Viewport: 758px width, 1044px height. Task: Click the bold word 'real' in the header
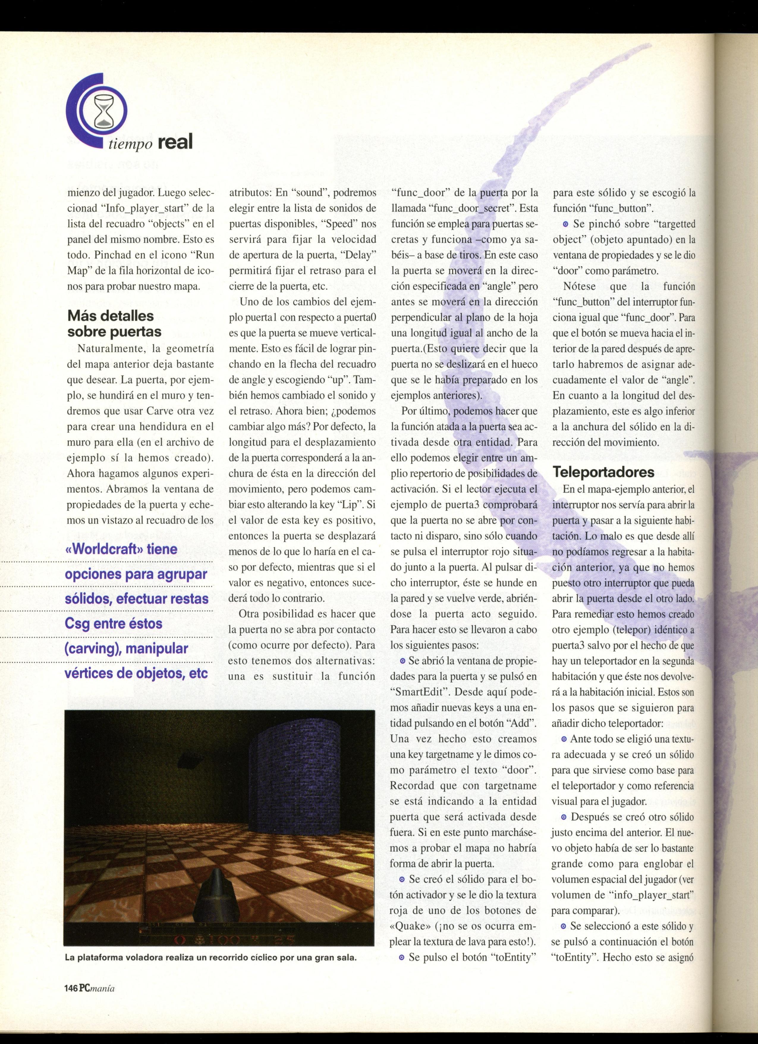[174, 142]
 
